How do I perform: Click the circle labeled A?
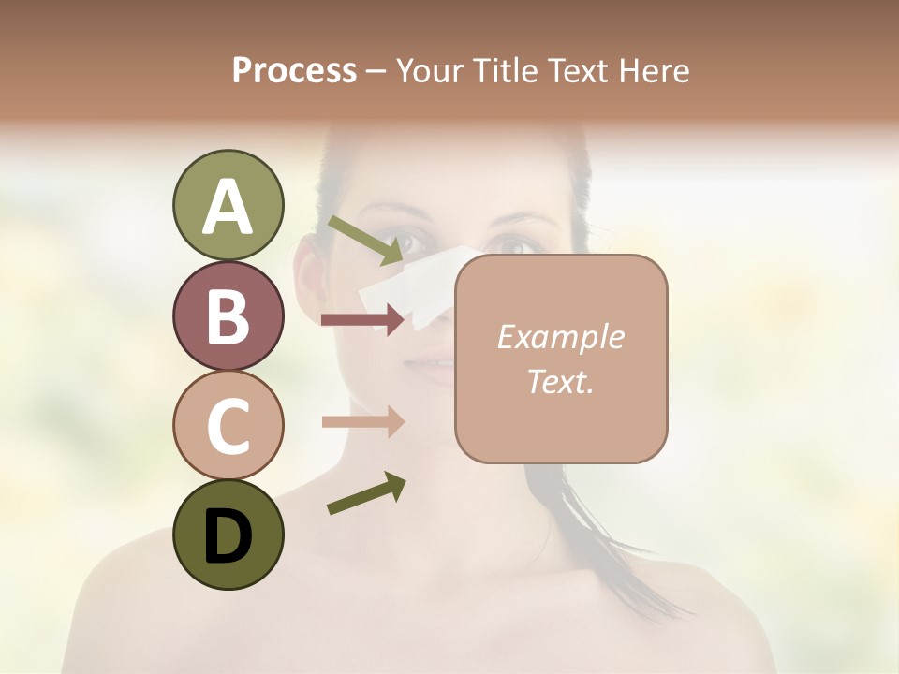(x=228, y=206)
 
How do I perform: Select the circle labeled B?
(x=228, y=315)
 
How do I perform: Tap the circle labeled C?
(x=228, y=425)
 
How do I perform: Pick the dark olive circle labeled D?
(x=228, y=535)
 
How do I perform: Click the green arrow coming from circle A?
(x=365, y=240)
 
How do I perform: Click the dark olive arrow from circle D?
(x=365, y=494)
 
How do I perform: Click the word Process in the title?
(x=294, y=70)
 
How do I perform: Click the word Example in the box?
(x=560, y=337)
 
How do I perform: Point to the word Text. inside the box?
(x=560, y=381)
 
